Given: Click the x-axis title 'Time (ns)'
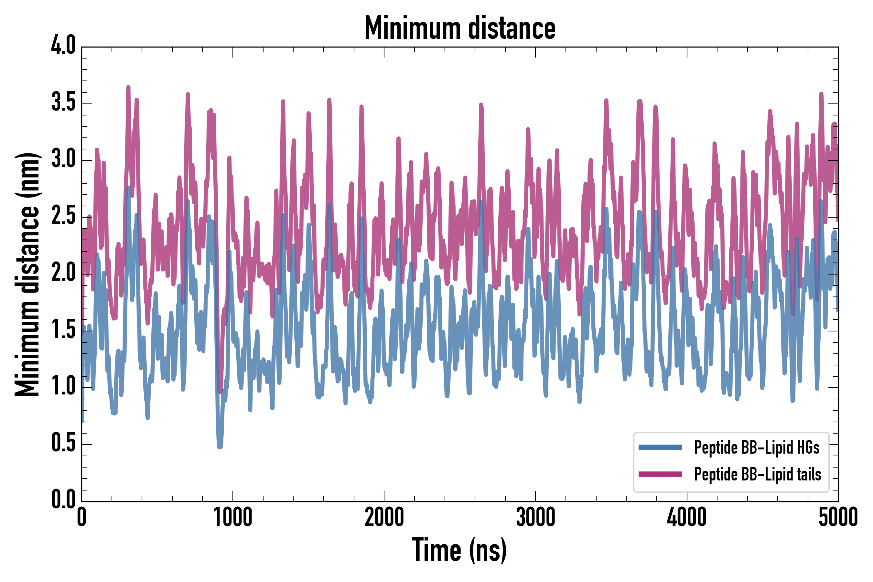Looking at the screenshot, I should click(459, 550).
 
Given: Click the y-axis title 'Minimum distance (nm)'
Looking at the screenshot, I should click(27, 274).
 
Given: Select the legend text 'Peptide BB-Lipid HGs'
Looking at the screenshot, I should click(757, 447).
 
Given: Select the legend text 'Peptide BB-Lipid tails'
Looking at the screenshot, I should click(758, 474).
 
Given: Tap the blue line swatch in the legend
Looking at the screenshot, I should click(660, 447).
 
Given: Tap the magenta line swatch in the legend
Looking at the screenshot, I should click(660, 474).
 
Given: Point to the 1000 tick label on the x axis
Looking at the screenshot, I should click(233, 517).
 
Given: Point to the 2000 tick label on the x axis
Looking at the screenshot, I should click(384, 517).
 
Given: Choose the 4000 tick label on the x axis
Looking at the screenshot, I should click(687, 517).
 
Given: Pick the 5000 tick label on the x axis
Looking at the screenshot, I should click(838, 517).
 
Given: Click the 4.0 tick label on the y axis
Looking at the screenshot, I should click(63, 46).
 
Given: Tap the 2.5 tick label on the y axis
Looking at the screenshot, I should click(63, 216).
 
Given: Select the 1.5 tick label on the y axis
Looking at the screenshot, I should click(63, 329).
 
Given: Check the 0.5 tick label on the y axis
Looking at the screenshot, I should click(63, 443).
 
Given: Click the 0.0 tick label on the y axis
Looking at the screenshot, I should click(63, 499).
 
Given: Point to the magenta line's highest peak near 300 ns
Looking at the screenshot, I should click(128, 87).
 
